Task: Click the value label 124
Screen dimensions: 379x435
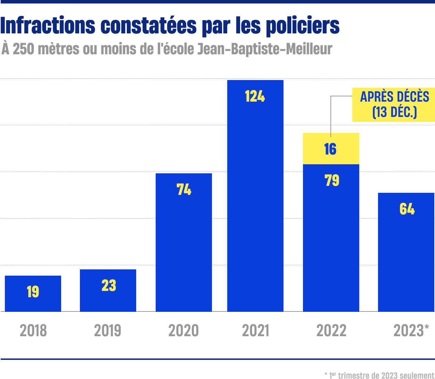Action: (255, 96)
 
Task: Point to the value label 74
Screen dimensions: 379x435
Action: (184, 189)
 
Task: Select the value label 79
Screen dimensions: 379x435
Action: (332, 180)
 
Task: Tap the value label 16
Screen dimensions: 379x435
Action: (330, 149)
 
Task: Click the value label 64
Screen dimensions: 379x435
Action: (407, 209)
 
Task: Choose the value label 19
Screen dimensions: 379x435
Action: (33, 292)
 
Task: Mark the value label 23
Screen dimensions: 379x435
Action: (109, 286)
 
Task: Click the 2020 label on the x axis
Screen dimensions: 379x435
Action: (183, 331)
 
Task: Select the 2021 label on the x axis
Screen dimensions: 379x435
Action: (256, 331)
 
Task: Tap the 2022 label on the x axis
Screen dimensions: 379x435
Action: (331, 331)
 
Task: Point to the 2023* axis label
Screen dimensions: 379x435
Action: (411, 331)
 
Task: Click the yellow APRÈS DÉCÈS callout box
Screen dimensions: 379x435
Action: (394, 104)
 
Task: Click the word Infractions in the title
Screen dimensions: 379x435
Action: (48, 26)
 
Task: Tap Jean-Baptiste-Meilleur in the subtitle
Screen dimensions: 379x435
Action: (264, 49)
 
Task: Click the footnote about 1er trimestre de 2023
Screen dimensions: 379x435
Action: (379, 375)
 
